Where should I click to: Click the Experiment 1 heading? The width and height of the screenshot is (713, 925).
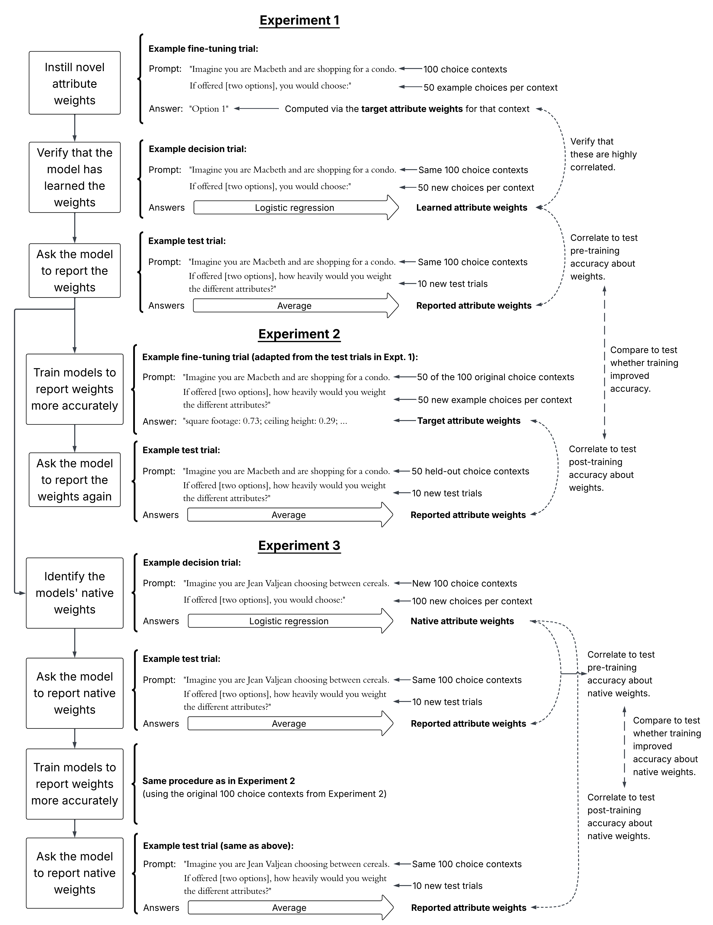pyautogui.click(x=299, y=20)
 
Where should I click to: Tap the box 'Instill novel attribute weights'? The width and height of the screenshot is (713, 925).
pyautogui.click(x=75, y=83)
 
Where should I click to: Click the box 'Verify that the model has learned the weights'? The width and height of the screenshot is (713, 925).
pyautogui.click(x=75, y=177)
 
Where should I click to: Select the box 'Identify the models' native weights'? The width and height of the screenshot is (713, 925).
pyautogui.click(x=75, y=593)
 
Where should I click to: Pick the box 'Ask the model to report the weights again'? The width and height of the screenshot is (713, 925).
pyautogui.click(x=75, y=480)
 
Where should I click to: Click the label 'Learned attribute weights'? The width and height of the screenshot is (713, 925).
pyautogui.click(x=471, y=208)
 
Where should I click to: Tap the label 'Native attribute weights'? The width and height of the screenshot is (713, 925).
pyautogui.click(x=462, y=621)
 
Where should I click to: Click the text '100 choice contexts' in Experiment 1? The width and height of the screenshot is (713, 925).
pyautogui.click(x=465, y=69)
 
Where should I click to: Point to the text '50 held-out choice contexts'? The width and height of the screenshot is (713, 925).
pyautogui.click(x=470, y=471)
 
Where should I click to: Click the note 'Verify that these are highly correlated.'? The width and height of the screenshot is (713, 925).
pyautogui.click(x=603, y=154)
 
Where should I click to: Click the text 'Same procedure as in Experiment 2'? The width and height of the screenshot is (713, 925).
pyautogui.click(x=218, y=781)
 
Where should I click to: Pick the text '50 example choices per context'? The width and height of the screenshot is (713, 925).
pyautogui.click(x=490, y=88)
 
